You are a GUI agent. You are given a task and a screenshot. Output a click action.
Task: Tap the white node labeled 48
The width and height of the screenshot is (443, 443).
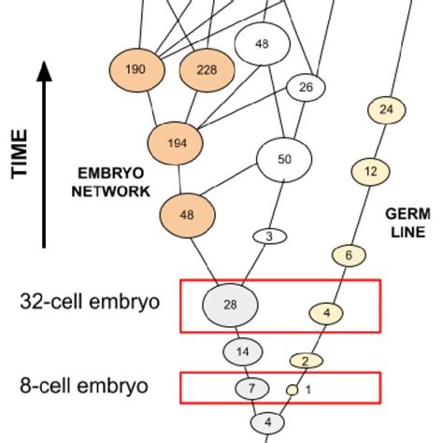[x=262, y=43]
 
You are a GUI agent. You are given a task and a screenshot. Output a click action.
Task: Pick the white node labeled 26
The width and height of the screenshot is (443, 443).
[x=305, y=88]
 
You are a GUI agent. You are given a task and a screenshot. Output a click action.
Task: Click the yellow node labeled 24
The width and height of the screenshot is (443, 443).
[x=387, y=110]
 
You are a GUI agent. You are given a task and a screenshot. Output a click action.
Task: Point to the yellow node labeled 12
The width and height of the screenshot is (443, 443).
[x=370, y=172]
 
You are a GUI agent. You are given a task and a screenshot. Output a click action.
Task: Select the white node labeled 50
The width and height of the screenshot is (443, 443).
[x=285, y=160]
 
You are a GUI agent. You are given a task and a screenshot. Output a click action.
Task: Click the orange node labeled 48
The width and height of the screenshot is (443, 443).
[x=187, y=213]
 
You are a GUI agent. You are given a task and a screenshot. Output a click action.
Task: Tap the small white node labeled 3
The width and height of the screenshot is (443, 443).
[x=269, y=236]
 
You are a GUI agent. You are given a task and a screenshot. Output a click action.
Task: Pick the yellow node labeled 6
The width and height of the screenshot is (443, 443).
[x=349, y=255]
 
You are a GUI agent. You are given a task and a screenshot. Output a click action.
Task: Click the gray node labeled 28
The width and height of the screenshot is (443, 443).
[x=231, y=305]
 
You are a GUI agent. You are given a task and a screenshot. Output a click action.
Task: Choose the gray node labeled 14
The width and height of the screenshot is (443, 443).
[x=242, y=351]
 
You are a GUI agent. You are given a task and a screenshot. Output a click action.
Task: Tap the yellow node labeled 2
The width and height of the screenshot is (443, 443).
[x=305, y=361]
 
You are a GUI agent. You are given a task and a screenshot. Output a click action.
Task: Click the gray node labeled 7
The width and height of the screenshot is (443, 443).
[x=250, y=388]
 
